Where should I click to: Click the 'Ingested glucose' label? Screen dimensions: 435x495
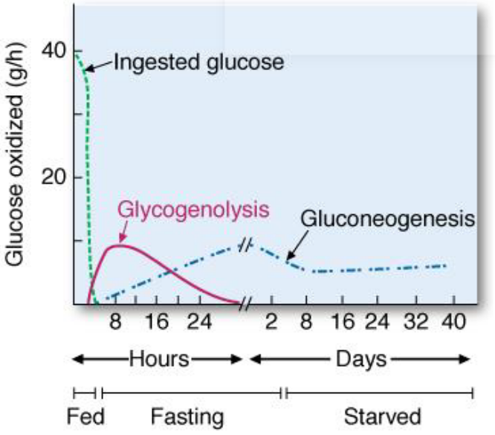click(199, 62)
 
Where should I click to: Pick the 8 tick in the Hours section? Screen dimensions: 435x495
click(115, 323)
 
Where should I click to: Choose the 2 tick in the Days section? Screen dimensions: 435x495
click(272, 323)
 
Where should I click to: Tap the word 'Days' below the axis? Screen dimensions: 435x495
click(360, 359)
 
